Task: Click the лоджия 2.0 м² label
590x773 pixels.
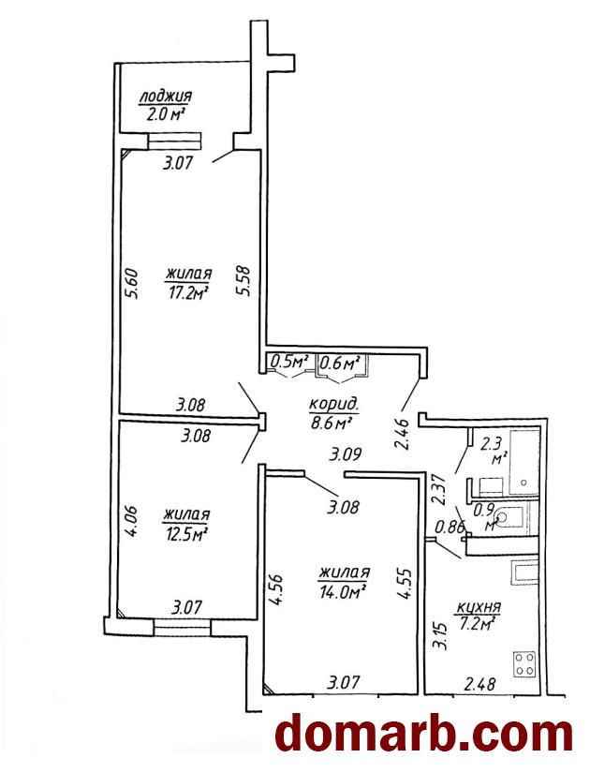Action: (165, 105)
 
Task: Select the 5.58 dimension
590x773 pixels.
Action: (243, 280)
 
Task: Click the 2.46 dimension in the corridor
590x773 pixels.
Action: (401, 435)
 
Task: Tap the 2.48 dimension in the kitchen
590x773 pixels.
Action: (479, 684)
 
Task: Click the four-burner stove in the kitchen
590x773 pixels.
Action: (524, 663)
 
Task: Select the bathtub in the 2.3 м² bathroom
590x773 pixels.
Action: (524, 463)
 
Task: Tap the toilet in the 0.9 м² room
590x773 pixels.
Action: (508, 517)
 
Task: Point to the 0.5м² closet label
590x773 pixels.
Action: (289, 364)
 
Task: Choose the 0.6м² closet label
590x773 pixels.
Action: (339, 364)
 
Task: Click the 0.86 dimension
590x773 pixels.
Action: (450, 528)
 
